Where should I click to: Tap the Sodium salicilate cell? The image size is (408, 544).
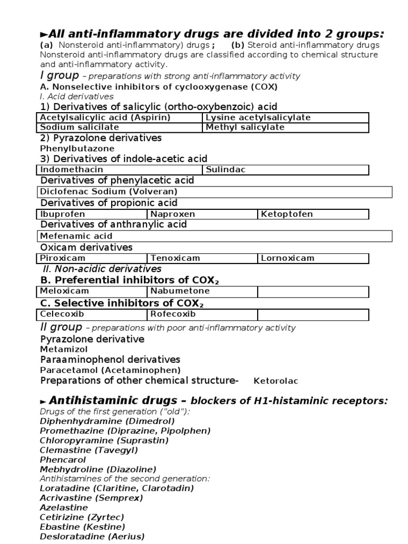80,127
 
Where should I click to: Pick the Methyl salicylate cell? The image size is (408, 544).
245,127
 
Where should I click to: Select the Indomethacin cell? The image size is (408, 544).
72,169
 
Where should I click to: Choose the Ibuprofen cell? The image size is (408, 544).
62,214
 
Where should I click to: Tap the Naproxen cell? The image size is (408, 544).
173,214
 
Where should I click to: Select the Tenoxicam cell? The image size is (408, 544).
175,258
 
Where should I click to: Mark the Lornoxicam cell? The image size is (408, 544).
287,258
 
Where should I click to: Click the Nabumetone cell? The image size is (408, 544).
180,291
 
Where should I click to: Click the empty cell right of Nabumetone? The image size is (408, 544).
313,292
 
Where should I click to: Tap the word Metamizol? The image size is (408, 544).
64,349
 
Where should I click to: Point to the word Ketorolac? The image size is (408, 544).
276,381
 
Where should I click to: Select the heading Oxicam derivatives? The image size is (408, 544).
87,247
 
